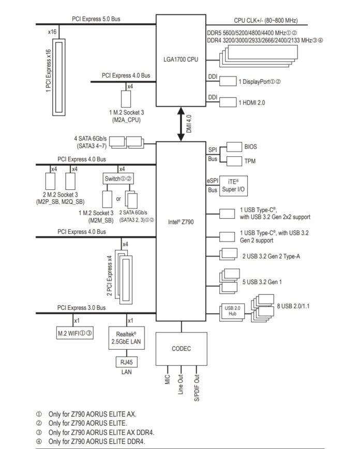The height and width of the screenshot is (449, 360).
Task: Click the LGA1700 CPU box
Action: (182, 59)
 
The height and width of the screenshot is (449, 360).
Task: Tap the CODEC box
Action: (181, 349)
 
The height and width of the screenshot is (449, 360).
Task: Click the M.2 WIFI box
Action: (75, 332)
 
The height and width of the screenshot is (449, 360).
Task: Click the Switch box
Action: (118, 178)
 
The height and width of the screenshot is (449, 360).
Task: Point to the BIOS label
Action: (250, 147)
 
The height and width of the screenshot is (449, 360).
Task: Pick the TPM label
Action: (250, 161)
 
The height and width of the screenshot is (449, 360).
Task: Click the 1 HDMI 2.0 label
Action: (251, 103)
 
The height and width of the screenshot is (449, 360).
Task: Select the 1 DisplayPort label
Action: (259, 82)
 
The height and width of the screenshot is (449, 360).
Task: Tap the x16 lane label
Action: (52, 32)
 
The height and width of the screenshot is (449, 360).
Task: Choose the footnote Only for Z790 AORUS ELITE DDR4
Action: (97, 441)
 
